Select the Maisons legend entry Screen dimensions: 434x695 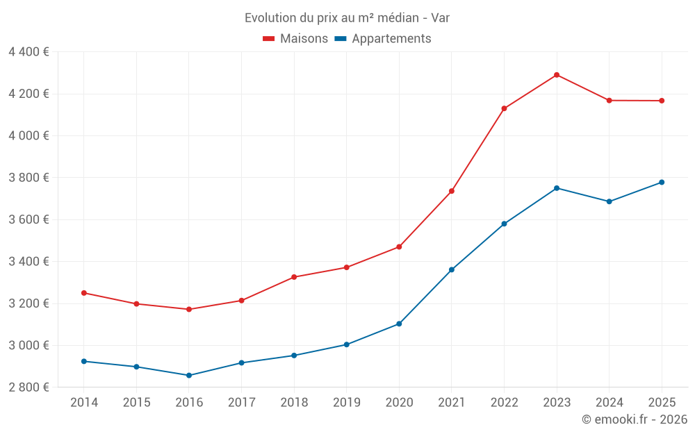pyautogui.click(x=295, y=39)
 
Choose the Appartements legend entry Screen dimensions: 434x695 pyautogui.click(x=383, y=39)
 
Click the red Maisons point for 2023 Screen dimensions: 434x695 pyautogui.click(x=557, y=75)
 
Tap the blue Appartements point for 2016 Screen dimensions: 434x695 pyautogui.click(x=189, y=376)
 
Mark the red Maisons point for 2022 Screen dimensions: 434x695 pyautogui.click(x=504, y=108)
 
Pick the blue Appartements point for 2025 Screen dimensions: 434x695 pyautogui.click(x=662, y=183)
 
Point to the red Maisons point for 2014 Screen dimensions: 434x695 pyautogui.click(x=84, y=293)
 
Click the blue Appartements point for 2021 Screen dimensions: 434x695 pyautogui.click(x=452, y=269)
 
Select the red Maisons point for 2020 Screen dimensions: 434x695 pyautogui.click(x=399, y=247)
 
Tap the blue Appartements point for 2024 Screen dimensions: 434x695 pyautogui.click(x=610, y=201)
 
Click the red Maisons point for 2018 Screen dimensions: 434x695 pyautogui.click(x=294, y=277)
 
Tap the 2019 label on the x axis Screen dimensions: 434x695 pyautogui.click(x=347, y=403)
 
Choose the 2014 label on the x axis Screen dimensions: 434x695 pyautogui.click(x=84, y=403)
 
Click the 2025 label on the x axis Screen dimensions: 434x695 pyautogui.click(x=662, y=403)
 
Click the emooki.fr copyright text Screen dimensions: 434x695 pyautogui.click(x=634, y=419)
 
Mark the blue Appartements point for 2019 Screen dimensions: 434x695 pyautogui.click(x=347, y=344)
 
